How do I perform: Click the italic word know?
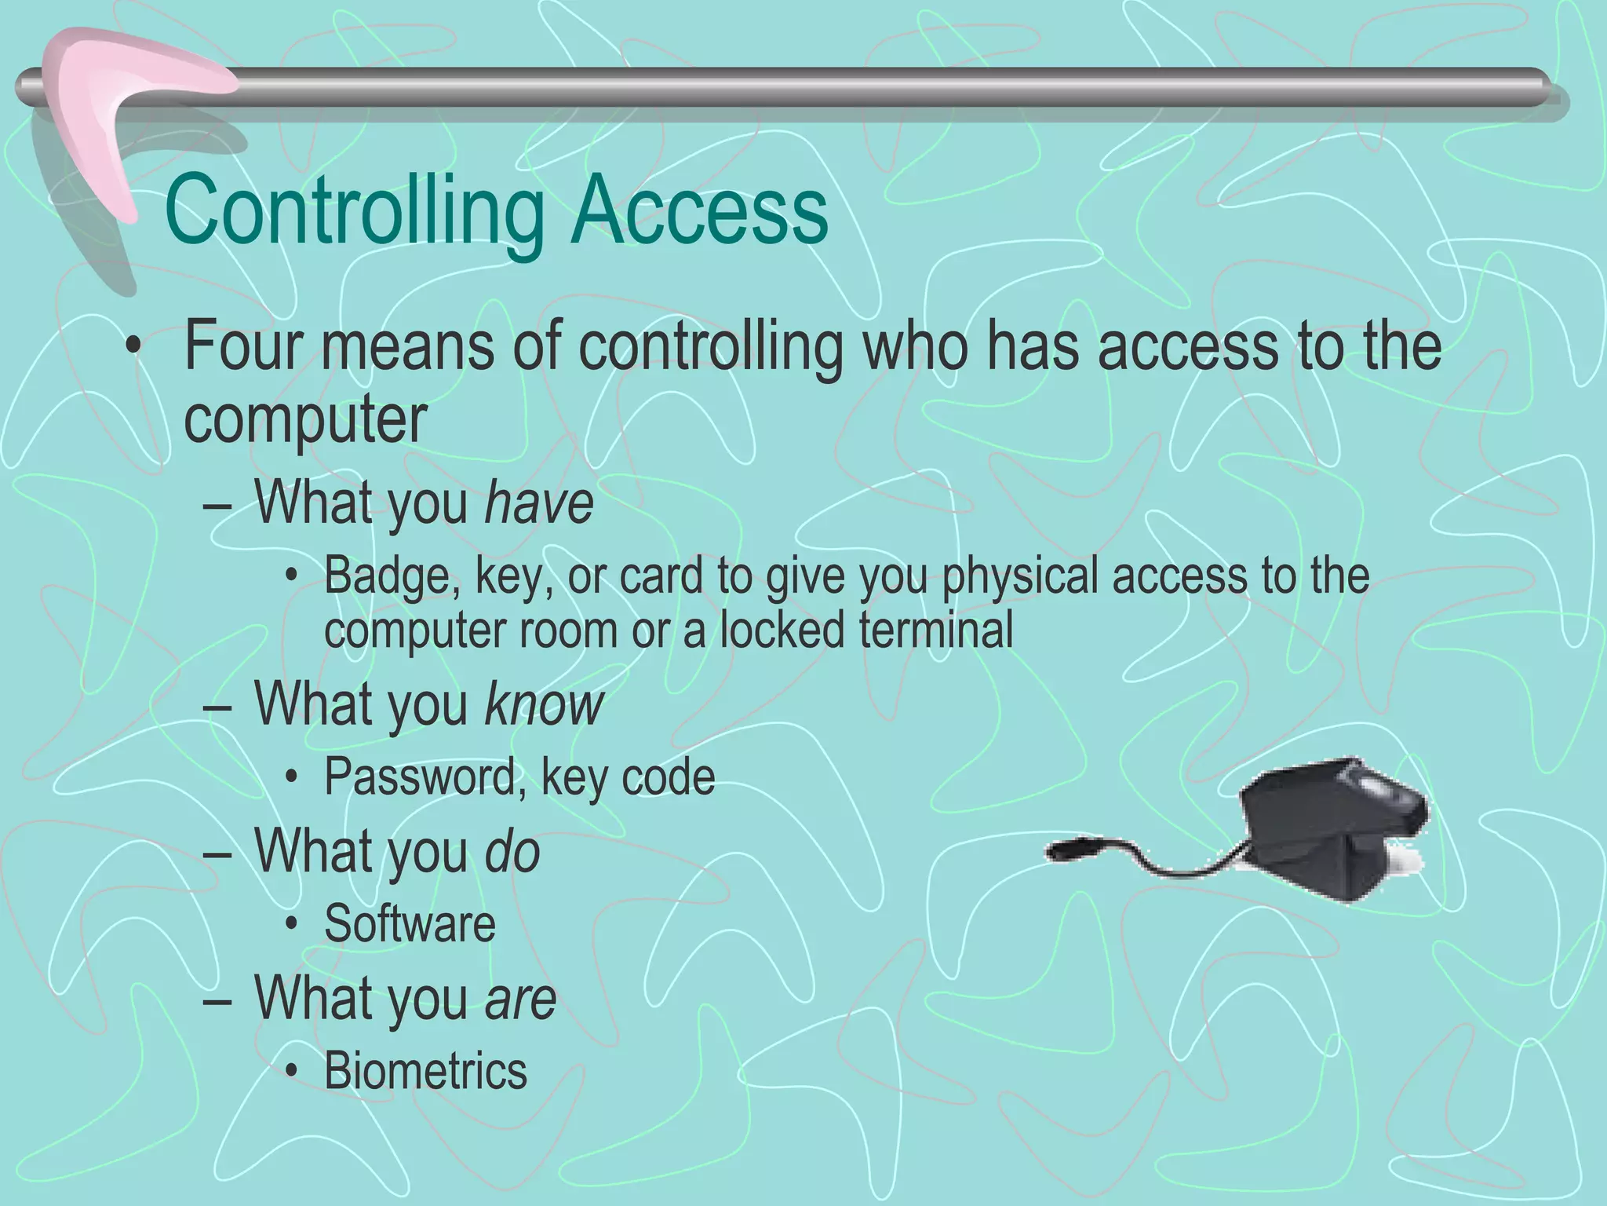544,704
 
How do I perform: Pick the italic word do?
512,851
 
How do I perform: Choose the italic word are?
520,999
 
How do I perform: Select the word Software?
410,924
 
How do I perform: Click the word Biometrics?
425,1071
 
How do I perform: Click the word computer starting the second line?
304,419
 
